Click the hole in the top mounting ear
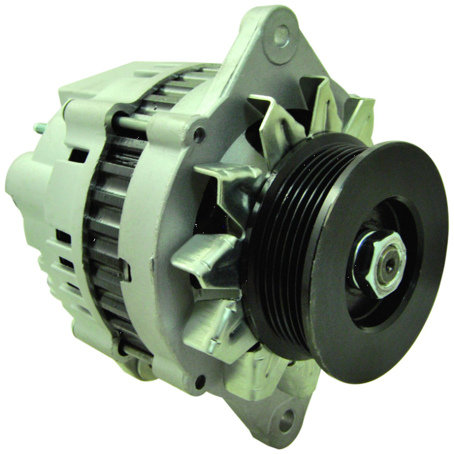coord(281,36)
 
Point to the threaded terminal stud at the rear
coord(40,129)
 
